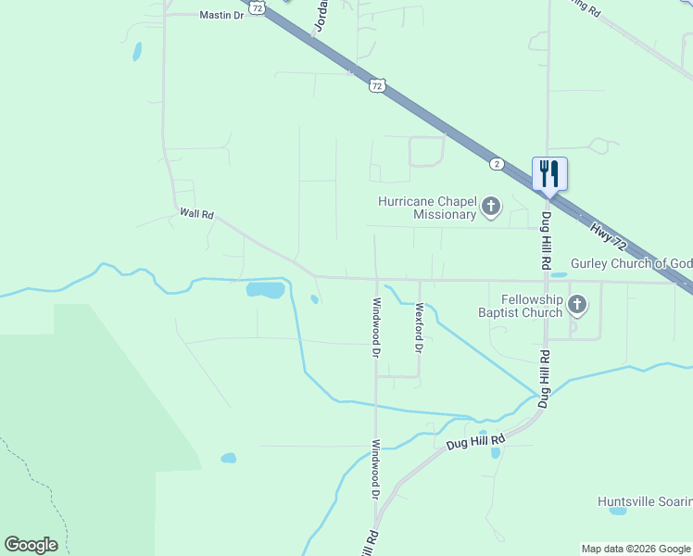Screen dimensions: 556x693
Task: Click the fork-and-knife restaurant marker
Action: [x=549, y=173]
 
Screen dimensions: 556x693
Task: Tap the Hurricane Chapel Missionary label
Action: [x=426, y=208]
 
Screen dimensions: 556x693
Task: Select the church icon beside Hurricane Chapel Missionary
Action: [x=490, y=208]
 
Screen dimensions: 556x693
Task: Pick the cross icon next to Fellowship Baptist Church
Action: [x=577, y=304]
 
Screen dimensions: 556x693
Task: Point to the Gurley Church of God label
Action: [x=631, y=264]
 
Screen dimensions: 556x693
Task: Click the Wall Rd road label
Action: [x=196, y=214]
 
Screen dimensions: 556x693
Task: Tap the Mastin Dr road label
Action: [x=221, y=16]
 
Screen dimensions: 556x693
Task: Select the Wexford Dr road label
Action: [x=419, y=328]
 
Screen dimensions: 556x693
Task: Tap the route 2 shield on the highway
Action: [x=498, y=164]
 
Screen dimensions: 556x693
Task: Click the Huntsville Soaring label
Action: [x=645, y=501]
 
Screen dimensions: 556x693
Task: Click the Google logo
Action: [x=31, y=545]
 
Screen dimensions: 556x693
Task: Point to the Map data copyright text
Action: [x=635, y=549]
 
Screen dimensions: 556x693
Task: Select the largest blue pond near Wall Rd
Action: [x=265, y=290]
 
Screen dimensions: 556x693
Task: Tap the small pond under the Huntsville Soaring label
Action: [x=618, y=511]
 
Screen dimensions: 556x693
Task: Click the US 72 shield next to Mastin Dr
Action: [x=258, y=7]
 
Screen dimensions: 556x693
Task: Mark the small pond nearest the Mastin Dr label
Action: [x=137, y=51]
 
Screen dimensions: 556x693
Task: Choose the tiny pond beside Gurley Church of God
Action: [x=558, y=274]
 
